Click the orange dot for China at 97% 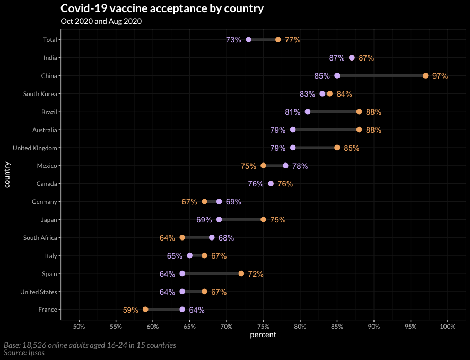pyautogui.click(x=425, y=76)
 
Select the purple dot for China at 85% pyautogui.click(x=337, y=76)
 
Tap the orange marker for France pyautogui.click(x=145, y=310)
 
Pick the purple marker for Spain pyautogui.click(x=182, y=273)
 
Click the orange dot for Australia pyautogui.click(x=359, y=130)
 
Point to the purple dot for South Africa pyautogui.click(x=212, y=238)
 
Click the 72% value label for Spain pyautogui.click(x=256, y=274)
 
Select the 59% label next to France pyautogui.click(x=130, y=310)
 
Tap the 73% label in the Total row pyautogui.click(x=233, y=40)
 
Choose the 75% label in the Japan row pyautogui.click(x=277, y=220)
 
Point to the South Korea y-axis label pyautogui.click(x=40, y=94)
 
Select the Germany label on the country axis pyautogui.click(x=45, y=202)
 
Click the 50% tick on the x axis pyautogui.click(x=79, y=325)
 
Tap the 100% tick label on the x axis pyautogui.click(x=448, y=325)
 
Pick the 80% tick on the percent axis pyautogui.click(x=300, y=325)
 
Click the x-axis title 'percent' pyautogui.click(x=263, y=335)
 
